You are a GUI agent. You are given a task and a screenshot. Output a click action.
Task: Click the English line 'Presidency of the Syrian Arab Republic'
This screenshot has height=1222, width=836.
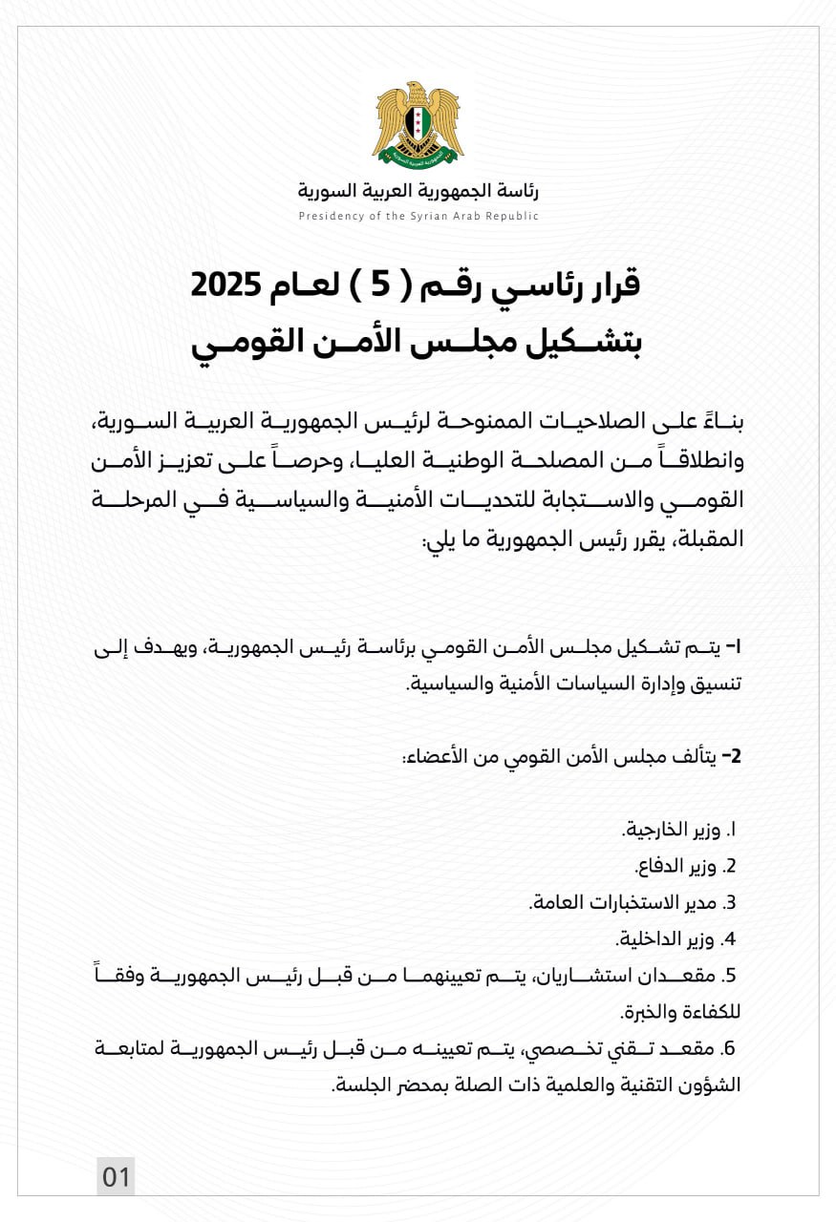click(x=418, y=216)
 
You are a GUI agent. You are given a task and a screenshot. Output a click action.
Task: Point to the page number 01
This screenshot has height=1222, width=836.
click(x=116, y=1176)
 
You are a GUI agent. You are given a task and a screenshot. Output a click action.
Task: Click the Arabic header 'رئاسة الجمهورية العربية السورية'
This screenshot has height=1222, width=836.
click(x=418, y=191)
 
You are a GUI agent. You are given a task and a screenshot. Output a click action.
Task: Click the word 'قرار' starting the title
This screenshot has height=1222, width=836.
click(x=611, y=284)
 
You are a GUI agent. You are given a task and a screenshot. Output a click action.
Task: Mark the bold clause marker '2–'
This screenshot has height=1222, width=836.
click(x=731, y=757)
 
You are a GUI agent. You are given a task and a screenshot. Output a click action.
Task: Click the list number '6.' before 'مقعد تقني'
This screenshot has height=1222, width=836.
click(x=731, y=1048)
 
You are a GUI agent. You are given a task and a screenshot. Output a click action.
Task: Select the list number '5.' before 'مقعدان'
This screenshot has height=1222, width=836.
click(x=731, y=976)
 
